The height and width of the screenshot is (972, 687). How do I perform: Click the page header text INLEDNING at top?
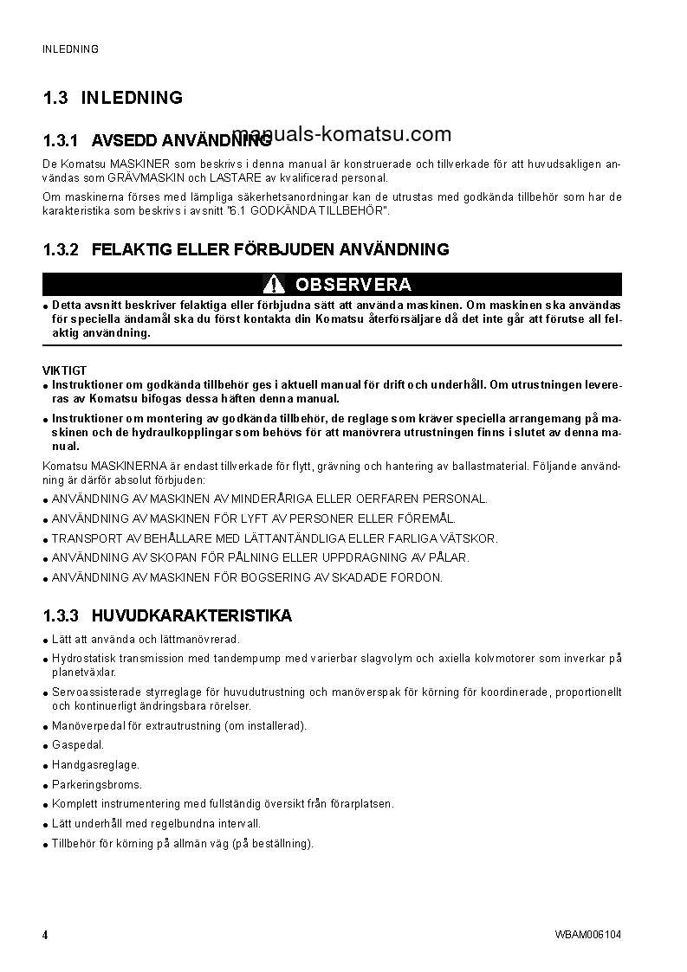70,49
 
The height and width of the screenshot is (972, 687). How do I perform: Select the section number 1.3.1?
61,140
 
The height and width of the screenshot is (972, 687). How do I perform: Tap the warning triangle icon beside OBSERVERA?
274,285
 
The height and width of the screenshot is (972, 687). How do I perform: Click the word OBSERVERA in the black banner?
353,285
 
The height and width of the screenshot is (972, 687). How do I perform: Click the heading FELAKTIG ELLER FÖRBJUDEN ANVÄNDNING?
269,250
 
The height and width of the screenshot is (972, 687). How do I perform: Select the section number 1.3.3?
61,616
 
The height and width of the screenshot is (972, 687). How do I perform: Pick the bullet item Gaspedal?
78,745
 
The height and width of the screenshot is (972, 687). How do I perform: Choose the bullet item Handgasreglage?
95,765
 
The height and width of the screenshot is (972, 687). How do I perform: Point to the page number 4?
45,935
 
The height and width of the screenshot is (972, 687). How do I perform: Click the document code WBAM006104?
588,935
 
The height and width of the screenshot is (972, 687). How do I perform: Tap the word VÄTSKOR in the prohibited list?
469,538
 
